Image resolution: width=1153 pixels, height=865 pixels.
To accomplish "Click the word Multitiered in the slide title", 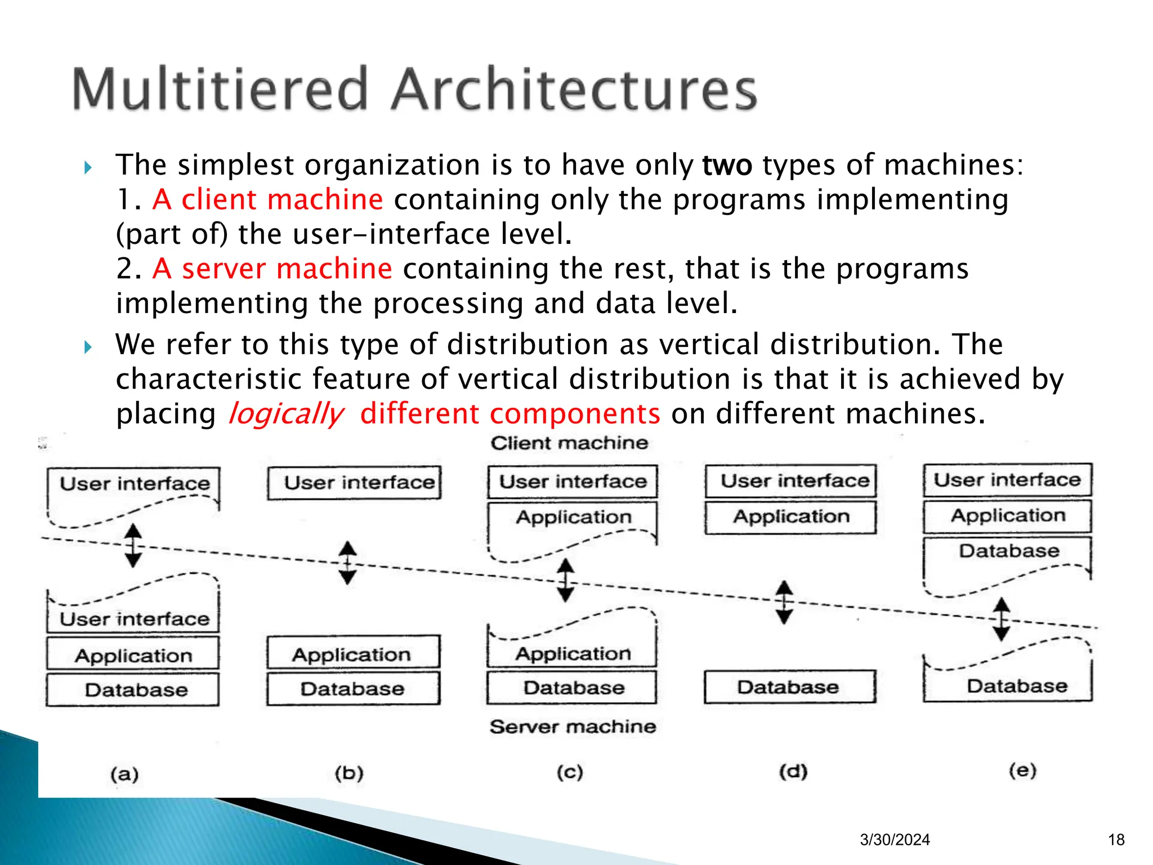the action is pyautogui.click(x=220, y=90).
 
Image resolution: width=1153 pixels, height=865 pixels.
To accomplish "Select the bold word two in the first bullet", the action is pyautogui.click(x=727, y=165).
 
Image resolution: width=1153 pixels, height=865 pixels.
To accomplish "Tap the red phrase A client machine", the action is pyautogui.click(x=267, y=199).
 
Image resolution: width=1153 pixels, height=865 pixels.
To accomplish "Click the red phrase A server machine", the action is pyautogui.click(x=272, y=269).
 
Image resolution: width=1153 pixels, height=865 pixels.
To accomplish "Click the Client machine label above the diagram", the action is pyautogui.click(x=569, y=443).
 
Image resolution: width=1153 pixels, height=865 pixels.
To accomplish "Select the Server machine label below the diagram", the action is pyautogui.click(x=573, y=726).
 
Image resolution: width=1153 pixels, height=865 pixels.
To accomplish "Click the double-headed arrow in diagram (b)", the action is pyautogui.click(x=347, y=563).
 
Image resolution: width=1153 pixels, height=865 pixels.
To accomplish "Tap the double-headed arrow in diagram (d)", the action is pyautogui.click(x=784, y=602).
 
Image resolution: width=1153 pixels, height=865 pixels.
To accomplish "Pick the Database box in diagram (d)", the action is pyautogui.click(x=790, y=686).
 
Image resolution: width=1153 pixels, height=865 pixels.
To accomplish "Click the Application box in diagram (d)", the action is pyautogui.click(x=791, y=516).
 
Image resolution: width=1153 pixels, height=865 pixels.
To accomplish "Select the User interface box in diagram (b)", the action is pyautogui.click(x=355, y=483).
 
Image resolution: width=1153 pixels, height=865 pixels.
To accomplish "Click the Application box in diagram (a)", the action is pyautogui.click(x=133, y=655).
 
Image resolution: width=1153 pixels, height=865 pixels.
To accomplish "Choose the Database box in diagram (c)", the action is pyautogui.click(x=573, y=687).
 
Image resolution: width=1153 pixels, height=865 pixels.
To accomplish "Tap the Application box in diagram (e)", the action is pyautogui.click(x=1008, y=516).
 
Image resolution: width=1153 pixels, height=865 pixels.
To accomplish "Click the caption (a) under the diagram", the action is pyautogui.click(x=124, y=774).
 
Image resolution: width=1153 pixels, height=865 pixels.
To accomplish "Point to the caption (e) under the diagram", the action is pyautogui.click(x=1022, y=770).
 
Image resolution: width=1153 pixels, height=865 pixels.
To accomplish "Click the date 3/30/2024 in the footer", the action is pyautogui.click(x=895, y=840).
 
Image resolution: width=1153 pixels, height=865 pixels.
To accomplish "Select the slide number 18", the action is pyautogui.click(x=1116, y=840).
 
